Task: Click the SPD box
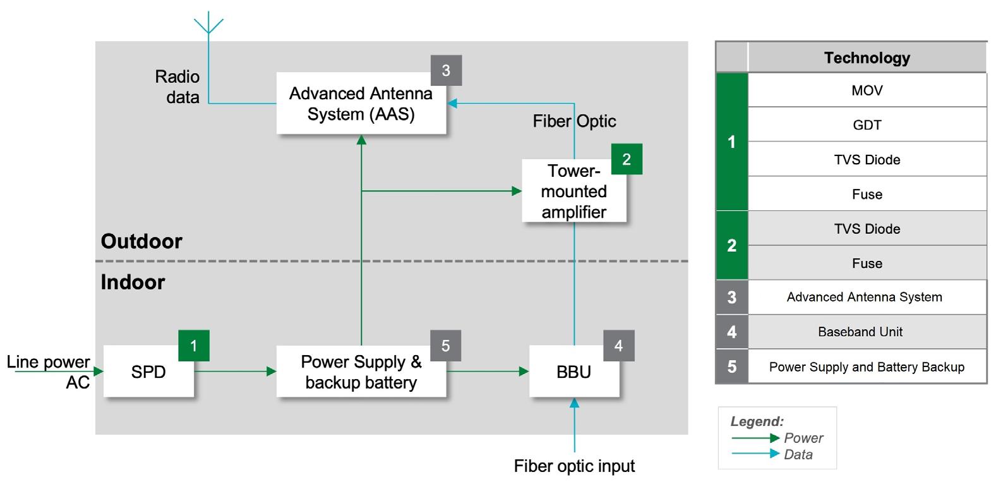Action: (x=148, y=372)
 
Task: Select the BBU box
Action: (x=573, y=372)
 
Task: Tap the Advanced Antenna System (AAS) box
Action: (x=361, y=104)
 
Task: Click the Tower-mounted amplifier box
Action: (x=573, y=191)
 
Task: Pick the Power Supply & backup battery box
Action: (x=361, y=372)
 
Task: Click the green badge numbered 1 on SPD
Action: (x=194, y=346)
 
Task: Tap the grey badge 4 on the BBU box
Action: (x=618, y=346)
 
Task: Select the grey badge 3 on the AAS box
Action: (x=446, y=70)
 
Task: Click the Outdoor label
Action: (x=141, y=241)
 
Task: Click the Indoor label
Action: (x=133, y=282)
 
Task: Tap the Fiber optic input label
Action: (x=574, y=466)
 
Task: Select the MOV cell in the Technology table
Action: (x=867, y=90)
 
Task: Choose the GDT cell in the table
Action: (x=867, y=125)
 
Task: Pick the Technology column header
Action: (x=867, y=58)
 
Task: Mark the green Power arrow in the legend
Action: (x=755, y=438)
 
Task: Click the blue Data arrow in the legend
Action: (x=755, y=454)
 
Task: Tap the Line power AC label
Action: (x=49, y=372)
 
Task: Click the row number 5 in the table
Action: (x=732, y=366)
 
